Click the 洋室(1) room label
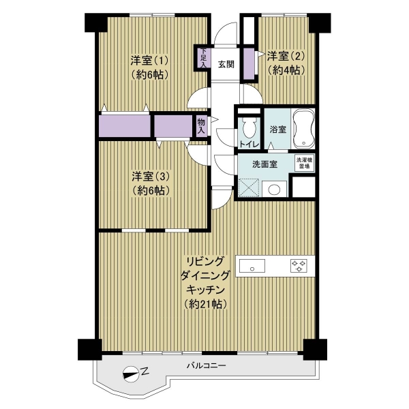[149, 61]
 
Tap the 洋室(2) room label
[286, 56]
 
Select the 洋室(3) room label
[151, 177]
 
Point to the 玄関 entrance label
[226, 64]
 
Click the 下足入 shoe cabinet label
[203, 58]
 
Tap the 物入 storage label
[201, 126]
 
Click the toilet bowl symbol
[249, 128]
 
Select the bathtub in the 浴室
[303, 129]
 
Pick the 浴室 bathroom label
[277, 129]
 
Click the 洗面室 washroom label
[264, 164]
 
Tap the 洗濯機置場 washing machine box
[304, 164]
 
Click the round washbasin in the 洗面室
[274, 190]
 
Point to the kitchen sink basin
[252, 266]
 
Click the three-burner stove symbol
[299, 266]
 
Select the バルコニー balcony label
[206, 365]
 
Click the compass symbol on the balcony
[130, 374]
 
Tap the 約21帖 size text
[205, 304]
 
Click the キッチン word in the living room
[206, 290]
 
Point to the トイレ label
[249, 145]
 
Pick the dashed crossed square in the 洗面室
[249, 187]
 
